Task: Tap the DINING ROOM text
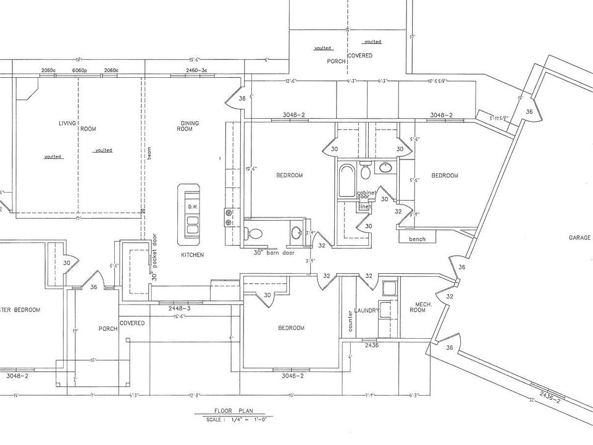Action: [190, 126]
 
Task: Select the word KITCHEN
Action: [192, 255]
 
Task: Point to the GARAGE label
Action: [580, 238]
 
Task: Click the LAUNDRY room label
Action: [366, 311]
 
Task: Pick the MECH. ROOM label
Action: [423, 307]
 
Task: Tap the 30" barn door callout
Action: [274, 252]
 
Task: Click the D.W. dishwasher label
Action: [191, 206]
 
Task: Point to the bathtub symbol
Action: [347, 180]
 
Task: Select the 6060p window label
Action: [79, 71]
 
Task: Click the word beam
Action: [149, 154]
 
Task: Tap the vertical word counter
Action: [350, 321]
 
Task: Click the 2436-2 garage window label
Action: [549, 395]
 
